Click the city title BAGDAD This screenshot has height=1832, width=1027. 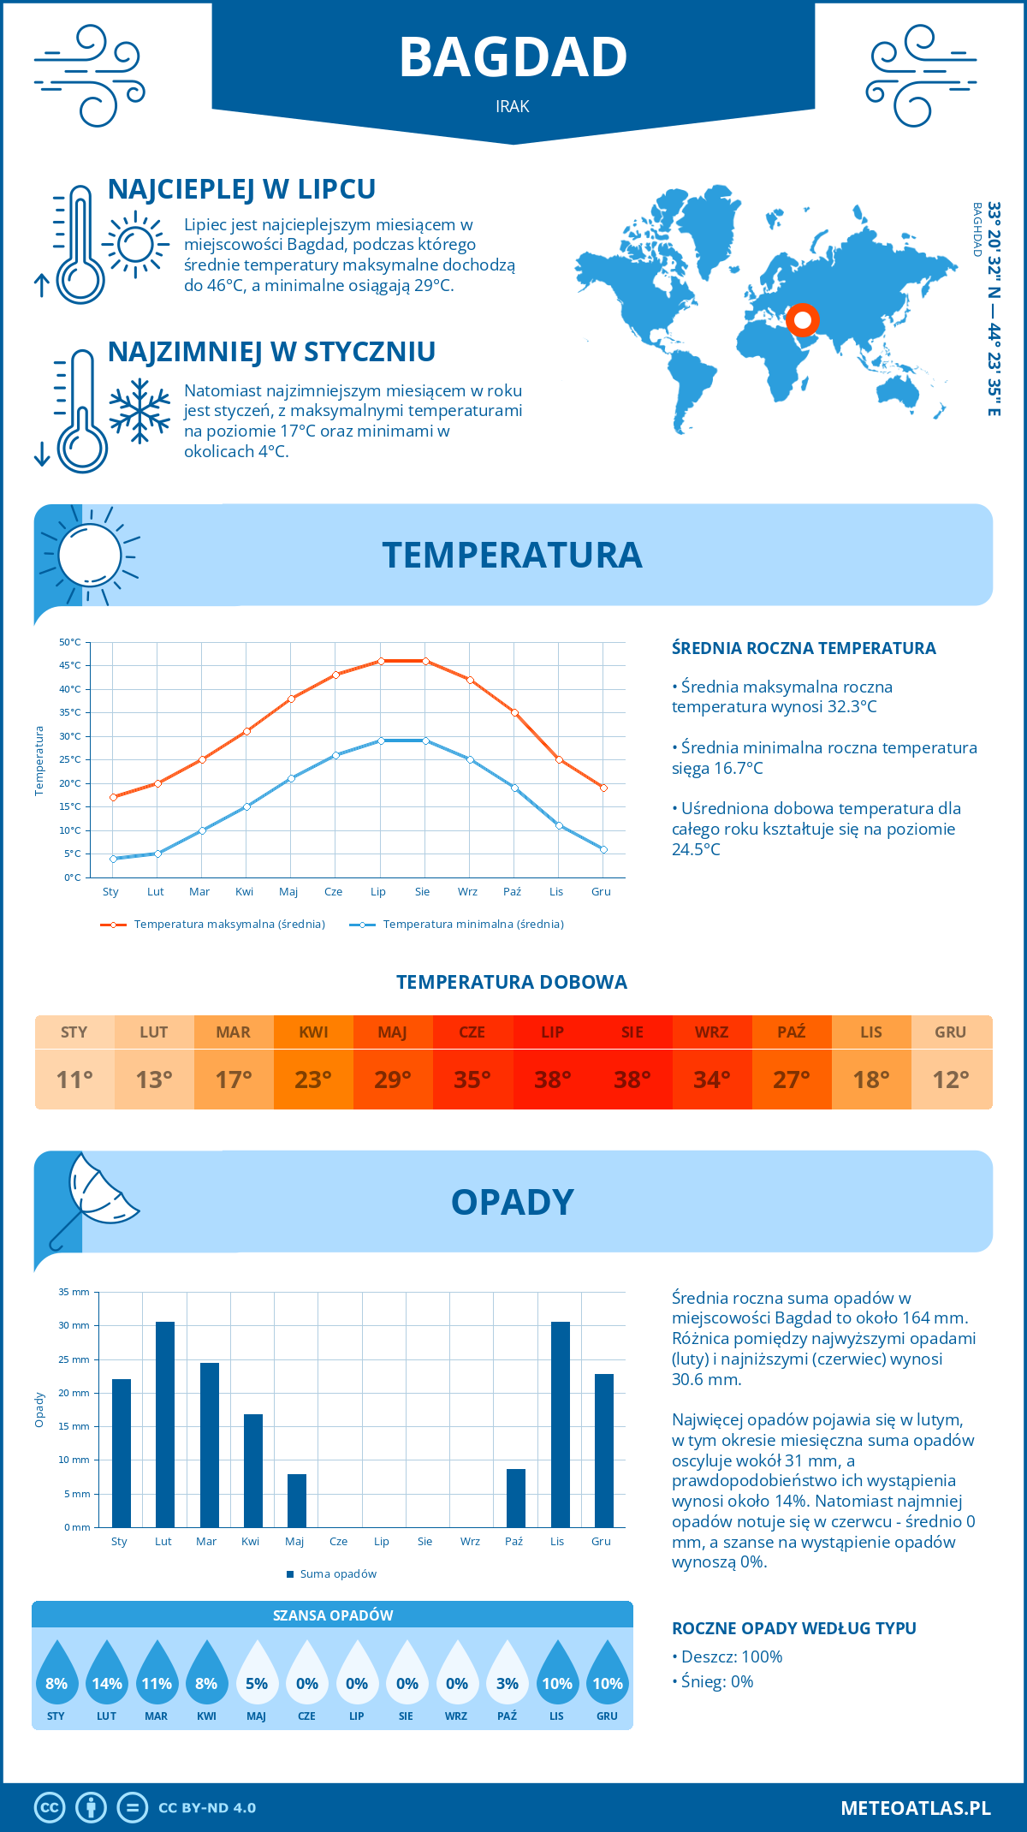(x=513, y=57)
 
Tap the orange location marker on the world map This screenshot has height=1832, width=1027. (x=803, y=321)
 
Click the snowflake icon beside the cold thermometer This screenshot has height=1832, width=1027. (x=140, y=411)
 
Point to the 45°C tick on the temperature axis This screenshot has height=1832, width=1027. (x=71, y=665)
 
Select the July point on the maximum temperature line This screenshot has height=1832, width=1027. (x=381, y=661)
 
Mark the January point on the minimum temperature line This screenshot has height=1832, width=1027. (x=113, y=859)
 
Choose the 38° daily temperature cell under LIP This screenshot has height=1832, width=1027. (x=552, y=1080)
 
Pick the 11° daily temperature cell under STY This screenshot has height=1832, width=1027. (x=74, y=1080)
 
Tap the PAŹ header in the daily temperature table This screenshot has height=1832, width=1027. (x=791, y=1032)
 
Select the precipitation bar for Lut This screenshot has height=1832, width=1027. (x=165, y=1425)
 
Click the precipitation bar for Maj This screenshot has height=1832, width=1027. (x=297, y=1501)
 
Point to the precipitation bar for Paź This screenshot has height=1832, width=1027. (x=516, y=1498)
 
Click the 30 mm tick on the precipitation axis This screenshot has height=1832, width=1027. (x=74, y=1325)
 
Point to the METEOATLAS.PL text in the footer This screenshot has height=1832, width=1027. (x=916, y=1808)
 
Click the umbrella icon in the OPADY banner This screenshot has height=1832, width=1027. (x=94, y=1199)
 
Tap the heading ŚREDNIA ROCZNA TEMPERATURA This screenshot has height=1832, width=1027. (x=804, y=648)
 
